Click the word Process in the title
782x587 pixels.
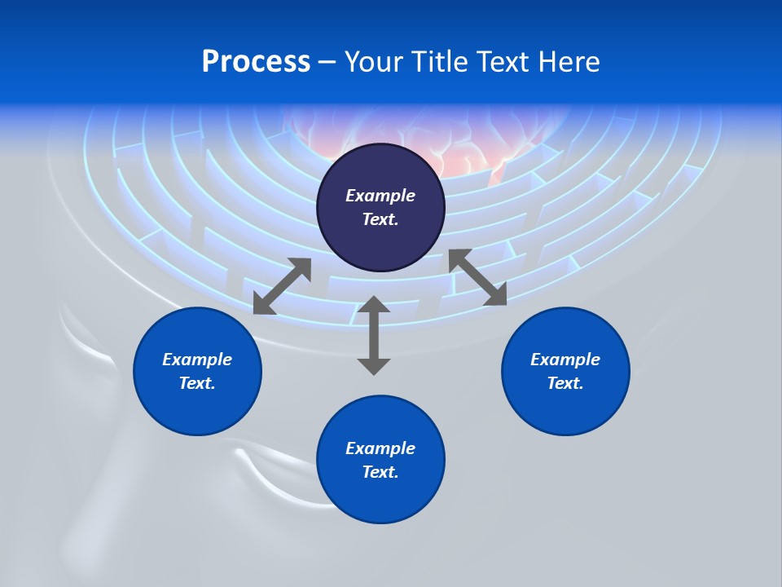point(256,62)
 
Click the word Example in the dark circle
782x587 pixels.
point(380,196)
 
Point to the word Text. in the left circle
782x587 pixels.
point(197,383)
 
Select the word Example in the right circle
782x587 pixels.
point(565,360)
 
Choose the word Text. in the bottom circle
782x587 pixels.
point(380,472)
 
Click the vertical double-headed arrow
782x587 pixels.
point(374,335)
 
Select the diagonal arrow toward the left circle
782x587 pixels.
point(282,286)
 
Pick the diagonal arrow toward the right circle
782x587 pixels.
point(478,277)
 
